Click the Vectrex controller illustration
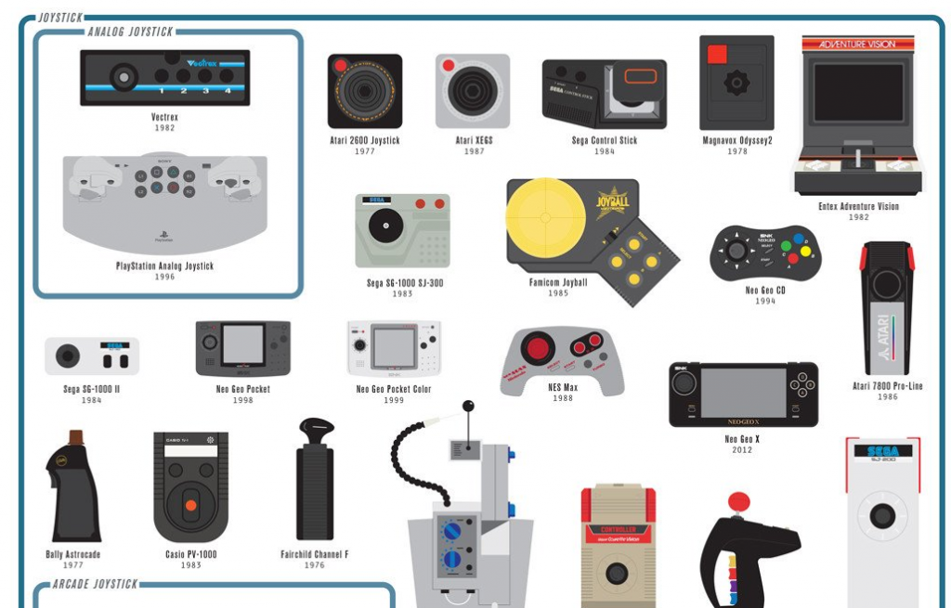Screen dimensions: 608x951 pos(164,77)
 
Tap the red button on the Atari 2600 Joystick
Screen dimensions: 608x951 pos(341,67)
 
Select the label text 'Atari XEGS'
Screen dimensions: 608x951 pos(474,141)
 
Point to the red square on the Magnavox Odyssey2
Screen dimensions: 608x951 pos(716,55)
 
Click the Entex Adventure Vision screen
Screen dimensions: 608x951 pos(858,93)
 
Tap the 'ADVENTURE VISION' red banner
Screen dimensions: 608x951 pos(859,44)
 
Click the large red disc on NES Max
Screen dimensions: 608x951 pos(536,350)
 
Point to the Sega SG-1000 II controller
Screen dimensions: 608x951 pos(92,356)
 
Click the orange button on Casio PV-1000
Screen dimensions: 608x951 pos(190,505)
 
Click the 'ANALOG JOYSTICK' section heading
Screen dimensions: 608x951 pos(130,32)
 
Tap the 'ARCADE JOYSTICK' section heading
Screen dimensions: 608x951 pos(95,584)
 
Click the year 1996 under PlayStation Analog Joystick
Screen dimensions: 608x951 pos(164,277)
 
